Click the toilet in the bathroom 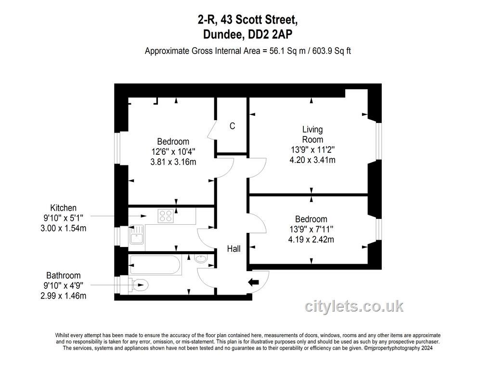point(138,285)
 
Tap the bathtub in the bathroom point(155,265)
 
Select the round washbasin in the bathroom point(201,258)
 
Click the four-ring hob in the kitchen point(166,216)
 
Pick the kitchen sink point(136,235)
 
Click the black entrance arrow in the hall point(253,282)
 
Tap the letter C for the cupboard point(233,126)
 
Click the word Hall point(234,249)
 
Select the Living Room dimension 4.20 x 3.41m point(312,160)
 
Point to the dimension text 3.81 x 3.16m point(173,162)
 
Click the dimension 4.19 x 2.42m point(311,239)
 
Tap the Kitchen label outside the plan point(63,208)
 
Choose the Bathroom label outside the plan point(63,276)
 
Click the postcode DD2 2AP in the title point(270,34)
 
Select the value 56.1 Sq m point(287,51)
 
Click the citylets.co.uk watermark point(354,306)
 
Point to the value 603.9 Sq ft point(332,51)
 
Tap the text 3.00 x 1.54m point(63,228)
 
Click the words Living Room point(312,135)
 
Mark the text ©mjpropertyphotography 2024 point(398,348)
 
